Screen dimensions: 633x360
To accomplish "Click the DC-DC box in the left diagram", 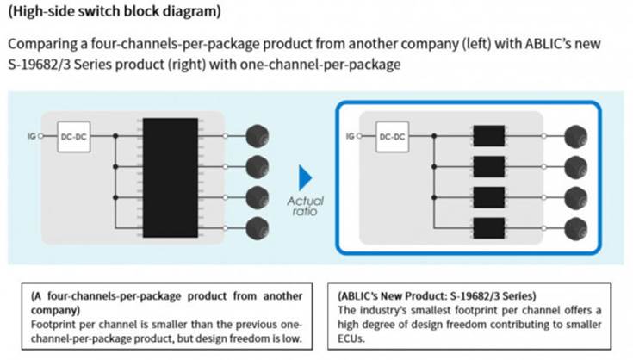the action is pyautogui.click(x=74, y=137).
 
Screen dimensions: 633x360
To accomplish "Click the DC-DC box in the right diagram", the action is pyautogui.click(x=392, y=137).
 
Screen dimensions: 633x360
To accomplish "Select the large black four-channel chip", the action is pyautogui.click(x=171, y=177).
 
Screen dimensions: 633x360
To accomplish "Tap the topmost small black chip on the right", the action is pyautogui.click(x=489, y=135).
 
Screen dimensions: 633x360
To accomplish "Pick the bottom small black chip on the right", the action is pyautogui.click(x=489, y=228).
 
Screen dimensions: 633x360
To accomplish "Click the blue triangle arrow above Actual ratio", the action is pyautogui.click(x=305, y=177).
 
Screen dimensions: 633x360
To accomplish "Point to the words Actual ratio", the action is pyautogui.click(x=305, y=206).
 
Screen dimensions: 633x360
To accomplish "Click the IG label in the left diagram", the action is pyautogui.click(x=32, y=136).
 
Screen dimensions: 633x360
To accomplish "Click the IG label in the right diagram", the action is pyautogui.click(x=350, y=136).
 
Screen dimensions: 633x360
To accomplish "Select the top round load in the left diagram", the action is pyautogui.click(x=258, y=136).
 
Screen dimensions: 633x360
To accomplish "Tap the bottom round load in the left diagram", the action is pyautogui.click(x=258, y=228).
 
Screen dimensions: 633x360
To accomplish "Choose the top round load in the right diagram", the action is pyautogui.click(x=575, y=136).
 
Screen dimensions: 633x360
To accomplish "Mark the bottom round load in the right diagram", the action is pyautogui.click(x=575, y=228).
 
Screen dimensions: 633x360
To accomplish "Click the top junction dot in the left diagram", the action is pyautogui.click(x=115, y=136).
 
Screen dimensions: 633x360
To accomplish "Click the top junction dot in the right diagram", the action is pyautogui.click(x=434, y=136).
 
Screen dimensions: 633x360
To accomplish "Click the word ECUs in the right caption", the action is pyautogui.click(x=351, y=338).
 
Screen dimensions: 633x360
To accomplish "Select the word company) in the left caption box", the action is pyautogui.click(x=55, y=310).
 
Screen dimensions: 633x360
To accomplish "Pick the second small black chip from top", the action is pyautogui.click(x=489, y=167).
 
